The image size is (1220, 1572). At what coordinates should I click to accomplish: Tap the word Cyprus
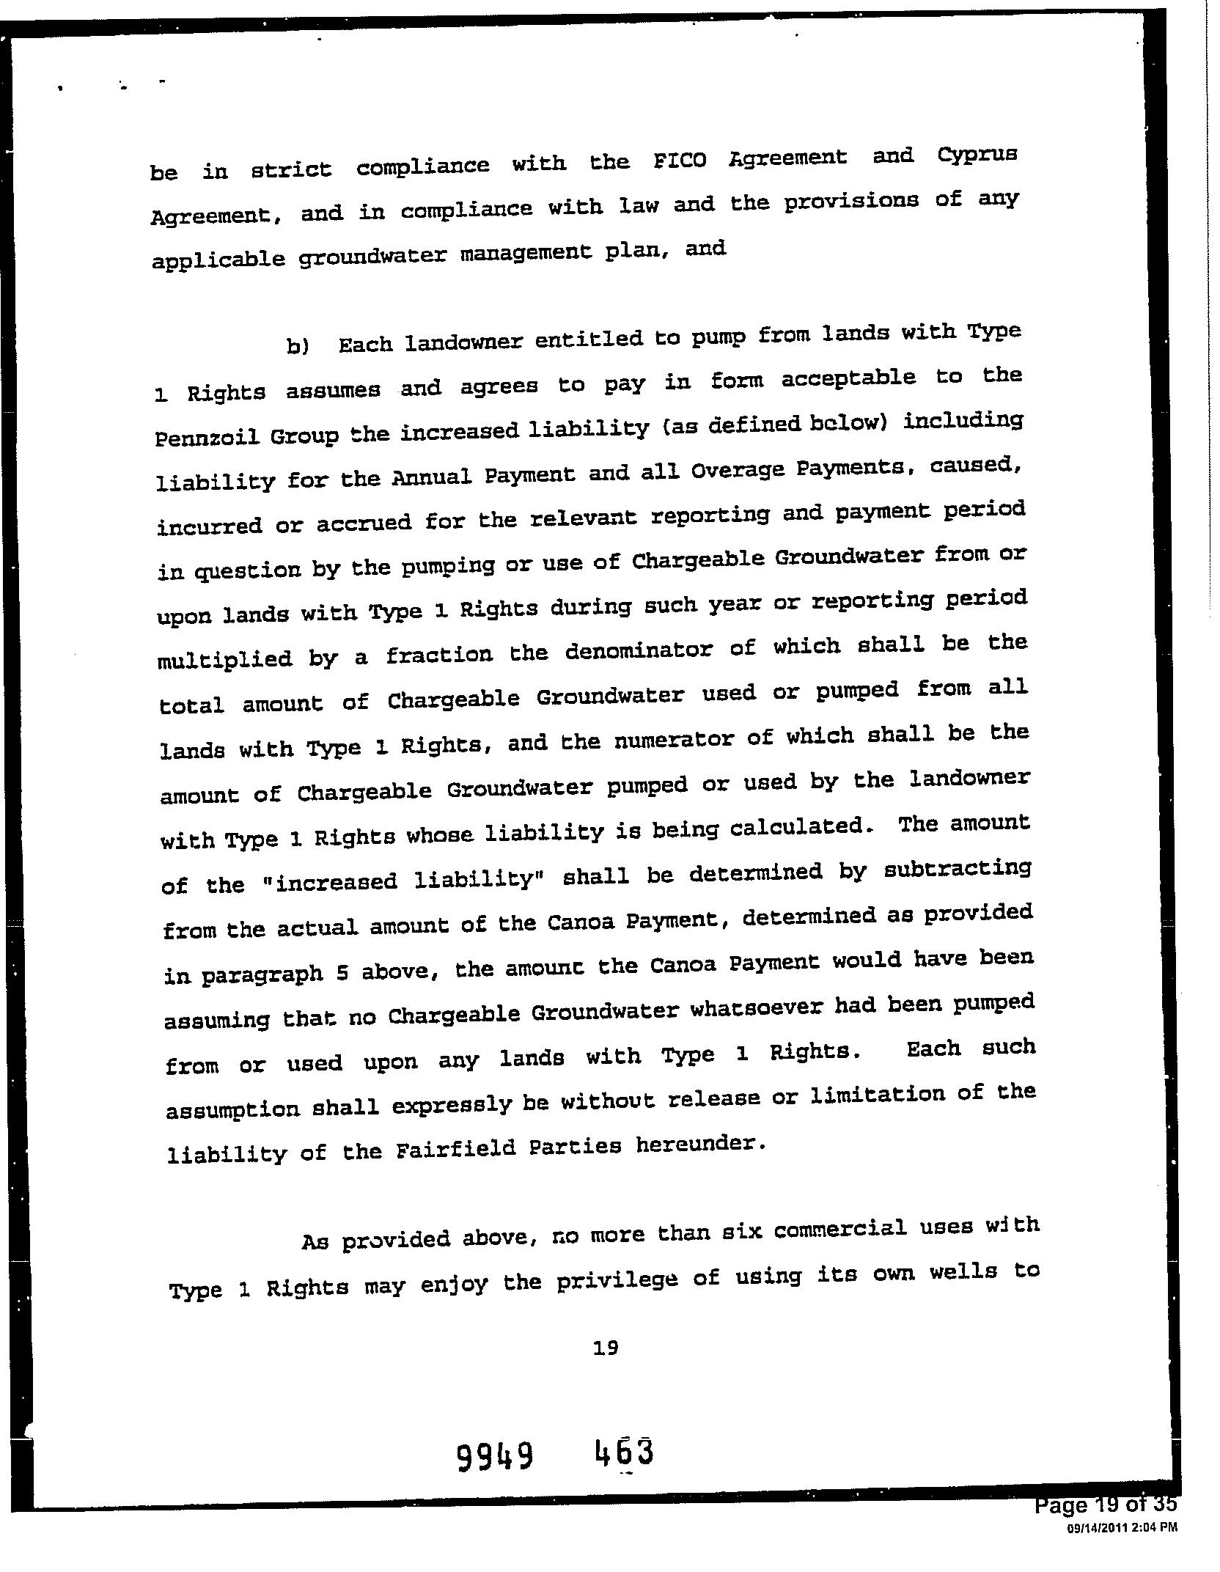977,155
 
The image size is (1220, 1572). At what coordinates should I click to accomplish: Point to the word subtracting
958,870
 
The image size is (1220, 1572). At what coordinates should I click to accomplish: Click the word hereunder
699,1144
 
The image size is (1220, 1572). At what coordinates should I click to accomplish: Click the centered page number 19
606,1348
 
